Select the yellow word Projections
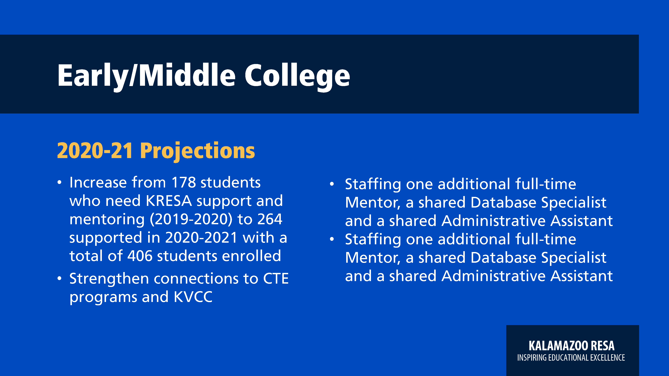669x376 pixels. tap(197, 151)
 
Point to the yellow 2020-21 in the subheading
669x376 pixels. tap(95, 151)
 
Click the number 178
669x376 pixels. tap(184, 182)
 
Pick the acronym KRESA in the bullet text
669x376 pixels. tap(169, 201)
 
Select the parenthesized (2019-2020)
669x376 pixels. tap(191, 220)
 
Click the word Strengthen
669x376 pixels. tap(109, 279)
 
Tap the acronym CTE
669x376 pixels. tap(276, 279)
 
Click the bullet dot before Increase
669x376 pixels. tap(60, 182)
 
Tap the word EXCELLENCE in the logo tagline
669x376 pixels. tap(607, 358)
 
